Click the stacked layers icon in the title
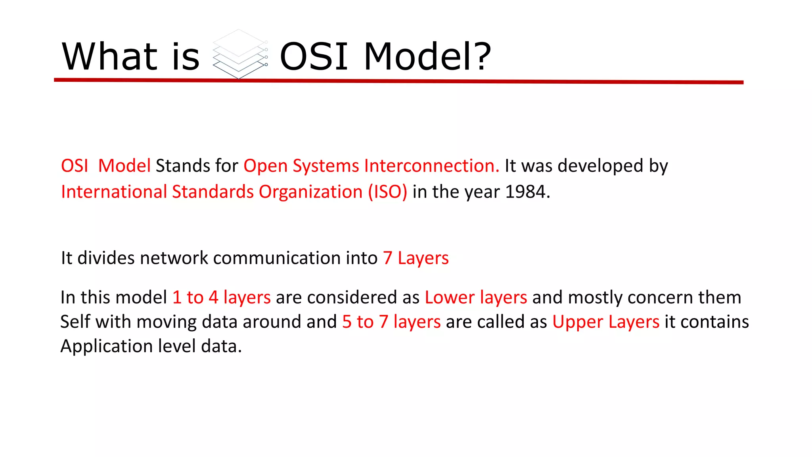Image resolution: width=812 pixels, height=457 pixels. (239, 54)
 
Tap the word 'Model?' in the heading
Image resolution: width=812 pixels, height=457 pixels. (427, 56)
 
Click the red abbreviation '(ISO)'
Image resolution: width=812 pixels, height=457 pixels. (387, 192)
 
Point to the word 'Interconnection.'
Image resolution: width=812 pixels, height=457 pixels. (431, 166)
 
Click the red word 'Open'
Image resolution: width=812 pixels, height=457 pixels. (265, 166)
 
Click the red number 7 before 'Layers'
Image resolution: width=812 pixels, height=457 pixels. (387, 258)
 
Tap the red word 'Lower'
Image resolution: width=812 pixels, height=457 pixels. (449, 298)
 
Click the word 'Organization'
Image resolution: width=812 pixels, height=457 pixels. (310, 192)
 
